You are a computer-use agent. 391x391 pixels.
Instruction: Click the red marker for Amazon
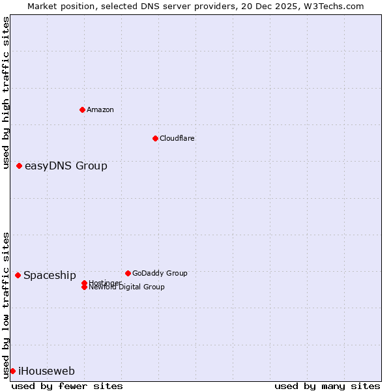coord(82,109)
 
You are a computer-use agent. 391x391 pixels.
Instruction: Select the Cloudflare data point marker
coord(155,138)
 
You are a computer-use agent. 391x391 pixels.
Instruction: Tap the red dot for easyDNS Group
coord(20,166)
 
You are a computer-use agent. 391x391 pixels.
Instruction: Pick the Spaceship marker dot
coord(18,275)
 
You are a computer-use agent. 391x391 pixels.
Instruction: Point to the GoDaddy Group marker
coord(128,273)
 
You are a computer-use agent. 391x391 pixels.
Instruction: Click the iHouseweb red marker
coord(12,371)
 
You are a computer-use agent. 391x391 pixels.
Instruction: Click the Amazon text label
coord(100,109)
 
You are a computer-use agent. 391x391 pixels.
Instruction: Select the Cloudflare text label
coord(177,138)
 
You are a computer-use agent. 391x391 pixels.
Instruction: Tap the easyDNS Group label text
coord(66,166)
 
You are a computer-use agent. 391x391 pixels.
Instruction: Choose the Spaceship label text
coord(50,276)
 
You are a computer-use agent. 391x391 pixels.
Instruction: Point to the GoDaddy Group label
coord(160,273)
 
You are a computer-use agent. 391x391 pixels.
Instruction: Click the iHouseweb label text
coord(46,371)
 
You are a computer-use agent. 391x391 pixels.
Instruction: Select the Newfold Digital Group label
coord(126,287)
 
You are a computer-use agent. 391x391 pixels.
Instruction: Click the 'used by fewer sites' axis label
coord(67,386)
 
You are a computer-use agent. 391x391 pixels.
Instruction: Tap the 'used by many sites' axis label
coord(327,386)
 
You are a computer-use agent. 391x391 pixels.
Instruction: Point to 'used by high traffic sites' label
coord(7,93)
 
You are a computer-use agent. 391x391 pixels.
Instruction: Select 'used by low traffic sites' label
coord(7,305)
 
